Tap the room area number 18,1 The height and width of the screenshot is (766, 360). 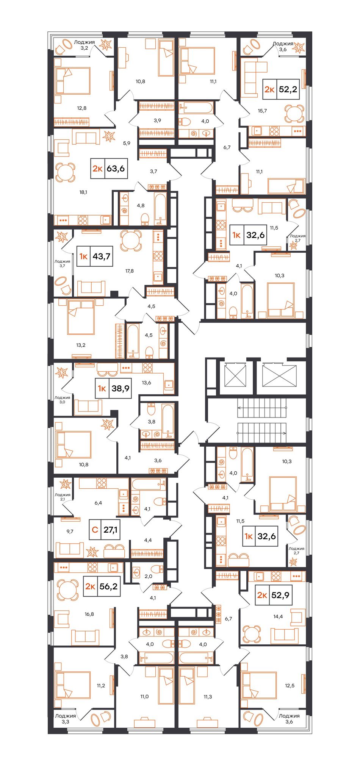coord(83,192)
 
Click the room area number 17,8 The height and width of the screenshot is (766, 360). coord(130,271)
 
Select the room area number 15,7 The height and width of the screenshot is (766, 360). coord(262,111)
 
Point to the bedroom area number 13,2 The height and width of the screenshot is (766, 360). coord(81,345)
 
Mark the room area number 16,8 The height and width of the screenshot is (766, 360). coord(89,614)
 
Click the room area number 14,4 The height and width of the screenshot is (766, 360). coord(278,616)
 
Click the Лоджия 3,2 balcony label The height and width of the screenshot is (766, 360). coord(84,45)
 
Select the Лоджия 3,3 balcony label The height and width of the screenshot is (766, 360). coord(66,719)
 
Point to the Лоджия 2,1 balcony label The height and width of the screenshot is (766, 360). coord(63,497)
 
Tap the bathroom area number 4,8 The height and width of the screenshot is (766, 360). coord(141,205)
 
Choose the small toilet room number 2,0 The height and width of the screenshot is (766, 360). coord(148,576)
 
